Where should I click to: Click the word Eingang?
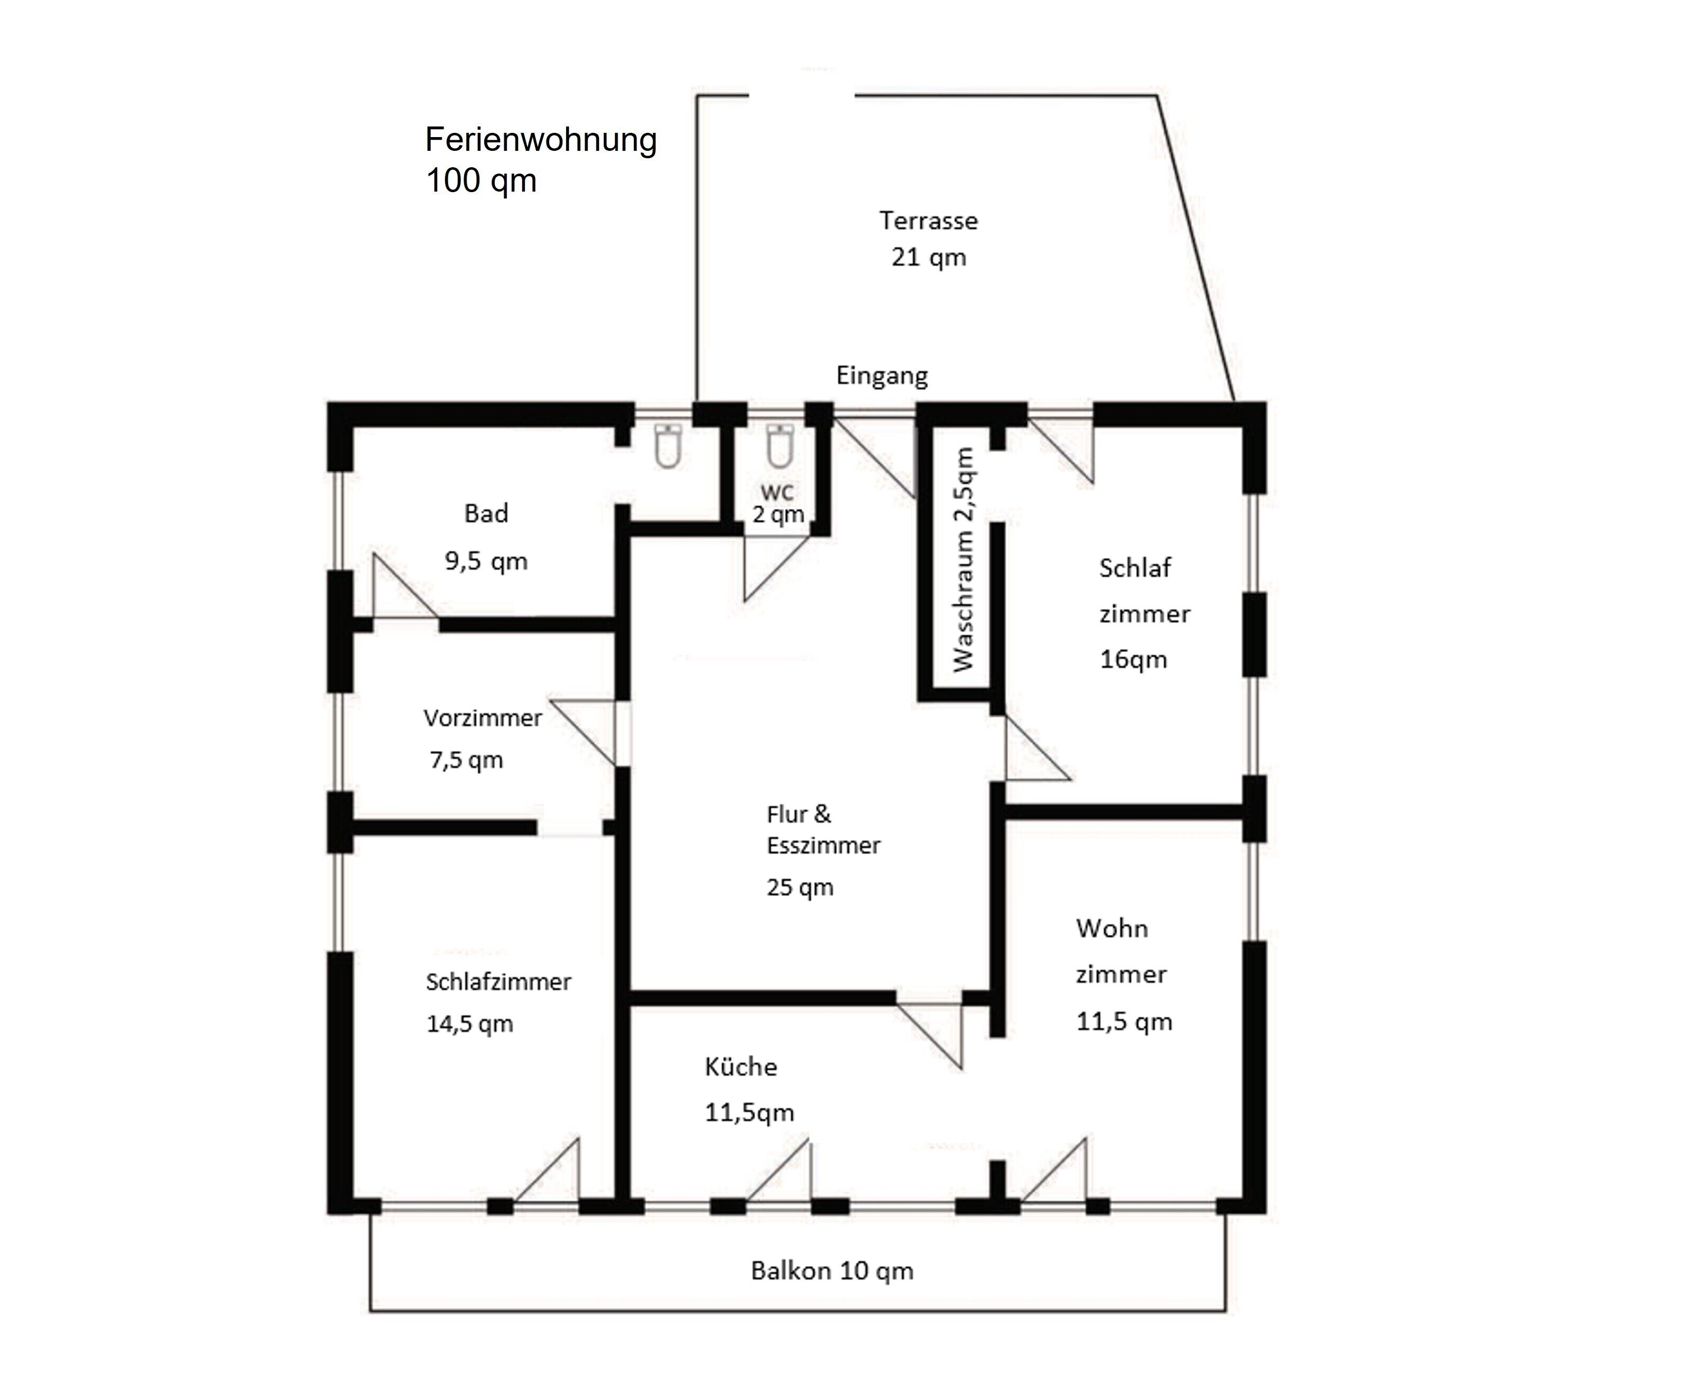point(882,376)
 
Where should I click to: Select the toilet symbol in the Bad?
point(668,446)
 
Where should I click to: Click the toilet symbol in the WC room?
point(779,446)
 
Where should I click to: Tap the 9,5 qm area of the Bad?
point(486,562)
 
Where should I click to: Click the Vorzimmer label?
point(483,718)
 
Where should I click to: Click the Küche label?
point(741,1066)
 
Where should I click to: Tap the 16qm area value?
point(1133,659)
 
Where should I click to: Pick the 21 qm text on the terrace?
point(929,257)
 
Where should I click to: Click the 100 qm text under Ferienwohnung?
point(481,181)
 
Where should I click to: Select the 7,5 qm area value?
point(467,760)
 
